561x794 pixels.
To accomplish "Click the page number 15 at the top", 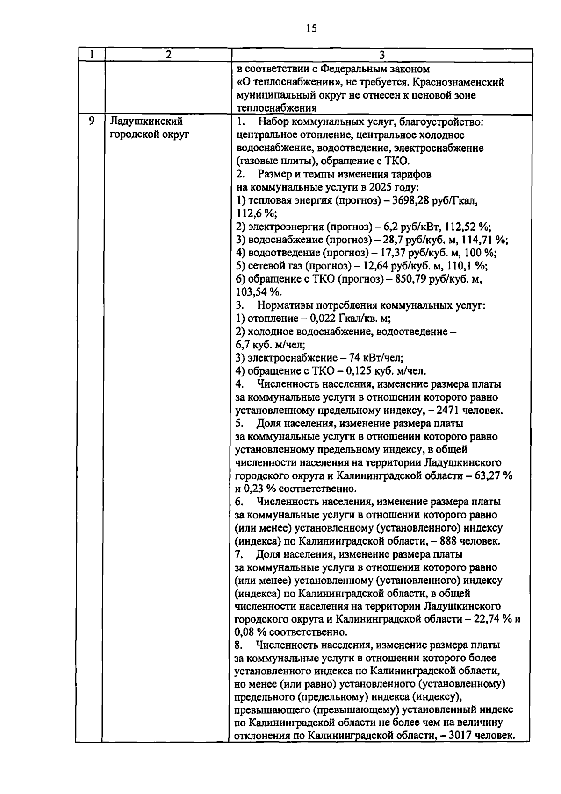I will tap(311, 29).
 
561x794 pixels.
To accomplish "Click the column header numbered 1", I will tap(91, 54).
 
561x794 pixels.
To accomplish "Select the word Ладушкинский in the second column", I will tap(145, 122).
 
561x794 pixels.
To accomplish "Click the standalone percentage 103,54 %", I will tap(258, 292).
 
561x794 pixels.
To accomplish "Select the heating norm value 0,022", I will tap(316, 319).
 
